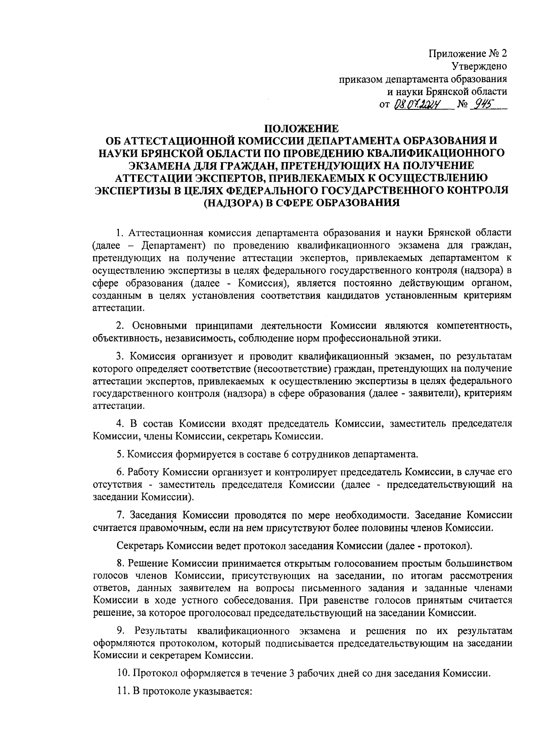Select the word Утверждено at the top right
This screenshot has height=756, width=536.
[479, 67]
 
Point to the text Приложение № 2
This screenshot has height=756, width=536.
[468, 54]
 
